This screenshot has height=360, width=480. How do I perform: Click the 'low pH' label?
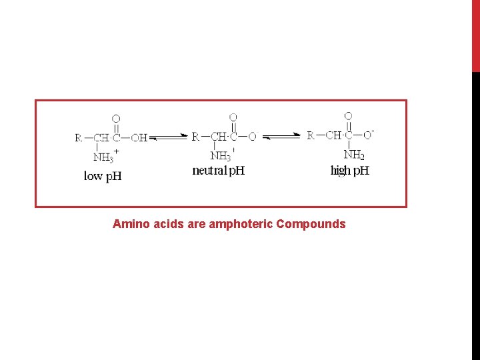(103, 177)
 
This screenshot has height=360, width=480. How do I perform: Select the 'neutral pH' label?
(219, 171)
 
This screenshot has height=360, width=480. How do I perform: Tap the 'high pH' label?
(350, 171)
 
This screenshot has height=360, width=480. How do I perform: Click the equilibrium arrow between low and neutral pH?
(169, 138)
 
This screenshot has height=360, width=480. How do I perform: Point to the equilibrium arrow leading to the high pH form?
(281, 137)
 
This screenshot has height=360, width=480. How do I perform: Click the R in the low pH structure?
(79, 138)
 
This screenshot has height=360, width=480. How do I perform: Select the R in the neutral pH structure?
(195, 137)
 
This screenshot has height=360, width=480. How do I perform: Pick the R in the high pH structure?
(311, 135)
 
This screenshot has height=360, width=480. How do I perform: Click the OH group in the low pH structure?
(139, 138)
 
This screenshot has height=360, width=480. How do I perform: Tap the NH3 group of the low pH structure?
(103, 158)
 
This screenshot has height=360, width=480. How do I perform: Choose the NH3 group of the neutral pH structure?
(220, 157)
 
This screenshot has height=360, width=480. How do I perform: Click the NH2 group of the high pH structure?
(354, 155)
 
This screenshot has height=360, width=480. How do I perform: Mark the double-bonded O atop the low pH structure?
(116, 119)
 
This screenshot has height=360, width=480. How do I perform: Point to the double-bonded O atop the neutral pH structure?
(233, 117)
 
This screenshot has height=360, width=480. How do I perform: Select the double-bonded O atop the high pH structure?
(348, 116)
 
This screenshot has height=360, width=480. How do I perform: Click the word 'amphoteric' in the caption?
(241, 224)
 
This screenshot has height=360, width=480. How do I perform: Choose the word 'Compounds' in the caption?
(311, 224)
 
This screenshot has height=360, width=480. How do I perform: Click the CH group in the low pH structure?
(101, 138)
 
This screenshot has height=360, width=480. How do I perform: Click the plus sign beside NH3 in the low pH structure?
(117, 152)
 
